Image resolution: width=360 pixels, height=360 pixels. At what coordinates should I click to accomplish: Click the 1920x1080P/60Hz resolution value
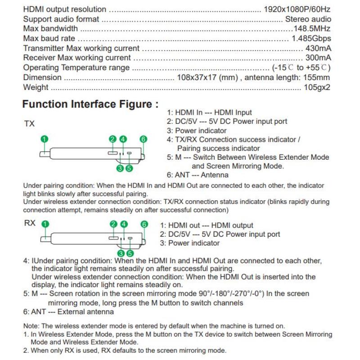coord(297,9)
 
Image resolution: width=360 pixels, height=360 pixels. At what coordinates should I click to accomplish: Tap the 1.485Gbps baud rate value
coord(311,39)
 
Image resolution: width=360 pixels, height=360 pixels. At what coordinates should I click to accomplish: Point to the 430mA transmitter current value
coord(319,49)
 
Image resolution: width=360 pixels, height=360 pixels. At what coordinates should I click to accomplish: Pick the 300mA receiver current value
coord(319,58)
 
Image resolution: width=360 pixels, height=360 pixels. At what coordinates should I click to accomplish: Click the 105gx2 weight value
coord(317,87)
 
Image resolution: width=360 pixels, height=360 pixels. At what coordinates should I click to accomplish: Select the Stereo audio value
coord(308,19)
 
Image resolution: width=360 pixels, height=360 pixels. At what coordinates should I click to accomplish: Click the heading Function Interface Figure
coord(90,104)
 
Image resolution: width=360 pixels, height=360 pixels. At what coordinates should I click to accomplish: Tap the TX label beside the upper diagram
coord(29,124)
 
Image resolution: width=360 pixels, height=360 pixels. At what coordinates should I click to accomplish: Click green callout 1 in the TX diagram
coord(44,139)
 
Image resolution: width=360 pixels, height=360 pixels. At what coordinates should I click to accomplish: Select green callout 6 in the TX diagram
coord(144,139)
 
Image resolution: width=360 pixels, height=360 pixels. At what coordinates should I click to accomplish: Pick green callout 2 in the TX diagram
coord(112,139)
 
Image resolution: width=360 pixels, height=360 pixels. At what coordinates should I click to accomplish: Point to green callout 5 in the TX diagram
coord(129,168)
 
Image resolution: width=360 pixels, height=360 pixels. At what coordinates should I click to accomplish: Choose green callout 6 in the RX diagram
coord(144,224)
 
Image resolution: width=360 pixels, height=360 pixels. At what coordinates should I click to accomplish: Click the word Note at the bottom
coord(31,326)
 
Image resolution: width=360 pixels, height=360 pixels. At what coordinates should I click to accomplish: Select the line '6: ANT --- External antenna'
coord(68,312)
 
